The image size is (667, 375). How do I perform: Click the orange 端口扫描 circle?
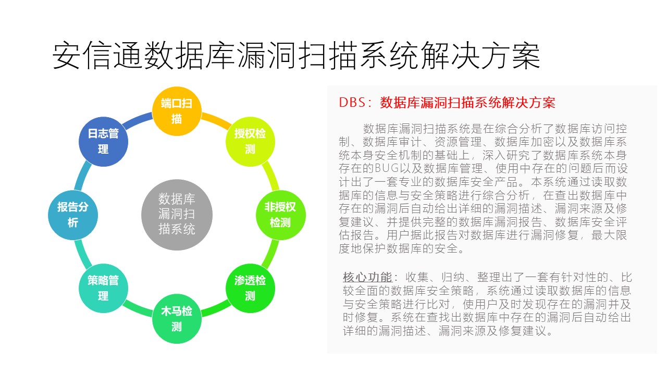(177, 111)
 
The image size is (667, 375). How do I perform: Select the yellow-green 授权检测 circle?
(250, 142)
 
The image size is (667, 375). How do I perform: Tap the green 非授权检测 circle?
(280, 215)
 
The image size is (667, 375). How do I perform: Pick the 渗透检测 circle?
(250, 288)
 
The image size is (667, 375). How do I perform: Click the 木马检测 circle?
(177, 318)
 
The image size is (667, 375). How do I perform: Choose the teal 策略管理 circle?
(103, 288)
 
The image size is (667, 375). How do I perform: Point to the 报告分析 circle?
(73, 215)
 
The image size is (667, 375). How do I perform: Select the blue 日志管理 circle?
(103, 142)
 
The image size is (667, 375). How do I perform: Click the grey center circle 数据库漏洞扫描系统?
(177, 215)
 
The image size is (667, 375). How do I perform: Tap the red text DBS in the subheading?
(352, 103)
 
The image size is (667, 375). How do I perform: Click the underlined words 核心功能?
(367, 277)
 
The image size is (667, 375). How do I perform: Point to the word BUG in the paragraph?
(387, 168)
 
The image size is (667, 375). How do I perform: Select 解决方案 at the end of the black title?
(480, 56)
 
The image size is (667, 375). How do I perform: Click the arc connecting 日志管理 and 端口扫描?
(138, 120)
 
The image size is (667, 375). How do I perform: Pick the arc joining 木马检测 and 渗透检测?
(216, 309)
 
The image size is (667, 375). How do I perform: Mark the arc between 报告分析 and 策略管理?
(82, 254)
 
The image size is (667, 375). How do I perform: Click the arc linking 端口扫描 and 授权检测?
(216, 120)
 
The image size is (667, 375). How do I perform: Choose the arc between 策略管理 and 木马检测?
(138, 309)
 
